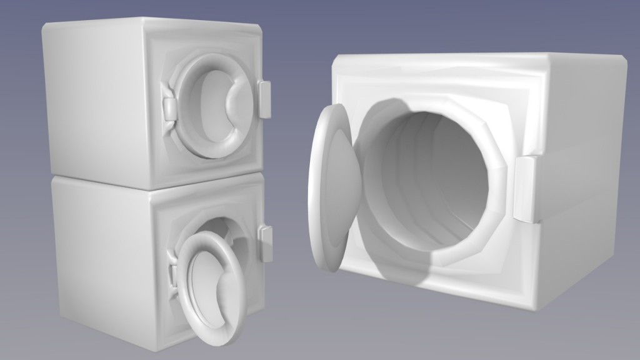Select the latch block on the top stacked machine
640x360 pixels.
tap(266, 99)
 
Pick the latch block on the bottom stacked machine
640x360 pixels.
tap(266, 242)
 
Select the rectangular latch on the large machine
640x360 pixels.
tap(527, 189)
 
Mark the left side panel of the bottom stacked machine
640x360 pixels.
tap(100, 256)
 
